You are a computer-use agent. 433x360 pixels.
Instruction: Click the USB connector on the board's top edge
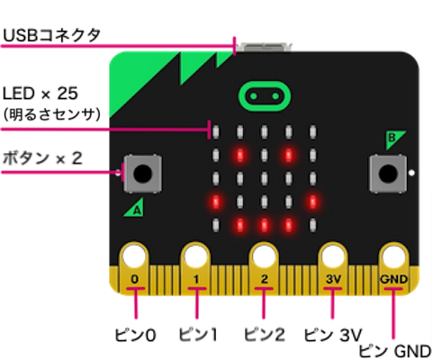[264, 47]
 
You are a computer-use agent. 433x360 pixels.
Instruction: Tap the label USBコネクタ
[51, 35]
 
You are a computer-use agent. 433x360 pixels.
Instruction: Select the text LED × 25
[41, 94]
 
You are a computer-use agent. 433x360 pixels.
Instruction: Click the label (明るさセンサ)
[51, 114]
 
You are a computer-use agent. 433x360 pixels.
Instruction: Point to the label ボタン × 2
[42, 158]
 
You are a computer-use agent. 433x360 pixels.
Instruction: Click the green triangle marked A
[134, 207]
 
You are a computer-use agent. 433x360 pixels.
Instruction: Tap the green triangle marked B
[394, 139]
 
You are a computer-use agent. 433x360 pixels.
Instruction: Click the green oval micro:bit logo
[265, 96]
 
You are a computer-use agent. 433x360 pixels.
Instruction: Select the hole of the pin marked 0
[134, 256]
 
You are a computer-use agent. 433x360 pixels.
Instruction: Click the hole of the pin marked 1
[196, 256]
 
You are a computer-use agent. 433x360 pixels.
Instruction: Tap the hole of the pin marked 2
[264, 256]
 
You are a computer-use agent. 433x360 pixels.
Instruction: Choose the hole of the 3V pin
[332, 256]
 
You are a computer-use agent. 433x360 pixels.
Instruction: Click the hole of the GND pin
[393, 256]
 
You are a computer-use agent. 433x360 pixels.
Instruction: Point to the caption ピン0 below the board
[135, 335]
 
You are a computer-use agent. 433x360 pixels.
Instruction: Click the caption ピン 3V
[333, 335]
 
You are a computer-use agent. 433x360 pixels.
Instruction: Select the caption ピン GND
[395, 351]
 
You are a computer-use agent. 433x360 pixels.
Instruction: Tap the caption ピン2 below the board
[265, 335]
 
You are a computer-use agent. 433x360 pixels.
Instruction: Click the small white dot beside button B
[411, 173]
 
